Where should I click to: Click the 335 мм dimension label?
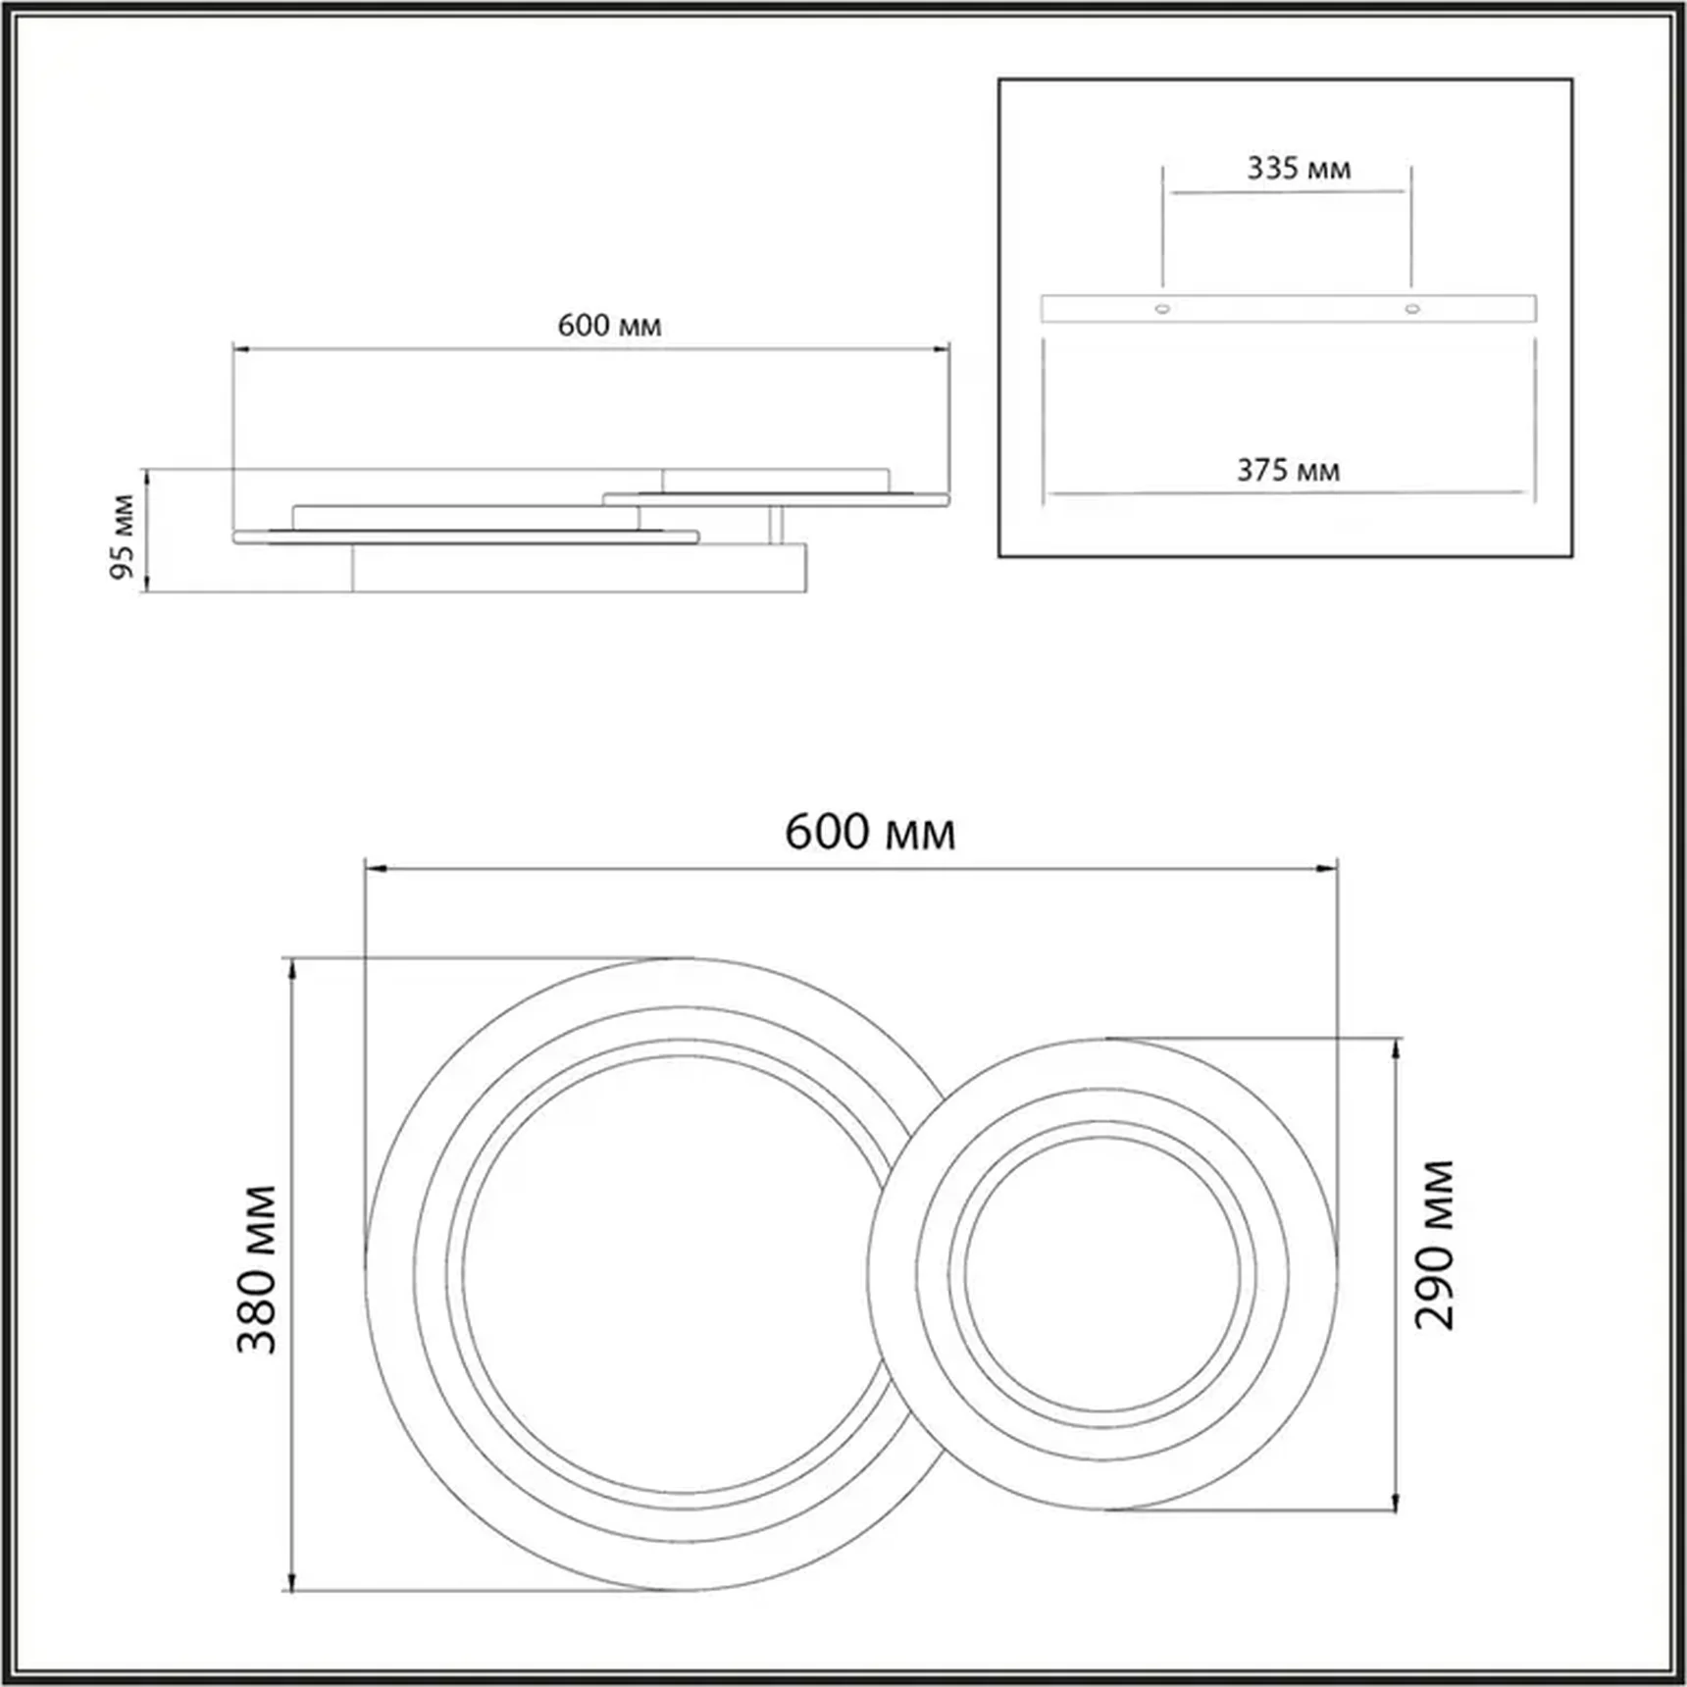[x=1298, y=169]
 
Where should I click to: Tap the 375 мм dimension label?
[x=1287, y=471]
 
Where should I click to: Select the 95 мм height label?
[x=122, y=536]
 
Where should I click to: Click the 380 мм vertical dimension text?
[x=257, y=1269]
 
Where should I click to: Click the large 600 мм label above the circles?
[x=869, y=833]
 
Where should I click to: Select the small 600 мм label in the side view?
[x=609, y=326]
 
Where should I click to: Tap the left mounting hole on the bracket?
[x=1162, y=309]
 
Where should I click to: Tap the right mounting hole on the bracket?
[x=1411, y=309]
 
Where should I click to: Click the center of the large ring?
[x=684, y=1274]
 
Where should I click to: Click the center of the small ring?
[x=1102, y=1274]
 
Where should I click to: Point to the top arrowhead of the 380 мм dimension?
[x=291, y=968]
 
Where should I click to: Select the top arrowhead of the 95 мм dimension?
[x=147, y=477]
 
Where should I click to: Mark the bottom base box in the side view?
[x=579, y=569]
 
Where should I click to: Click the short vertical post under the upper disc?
[x=776, y=525]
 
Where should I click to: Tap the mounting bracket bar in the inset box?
[x=1287, y=309]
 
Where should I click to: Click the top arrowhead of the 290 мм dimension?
[x=1396, y=1048]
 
